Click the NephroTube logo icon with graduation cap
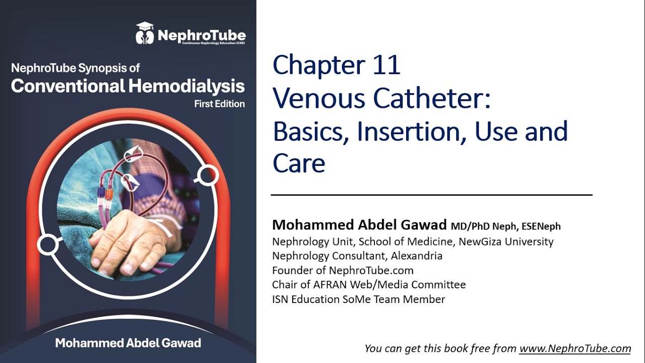[x=145, y=33]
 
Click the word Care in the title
[x=299, y=163]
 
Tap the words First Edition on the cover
[x=219, y=104]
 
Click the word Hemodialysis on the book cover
[x=186, y=86]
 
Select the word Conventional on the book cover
[x=68, y=86]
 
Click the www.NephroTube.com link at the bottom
[x=575, y=348]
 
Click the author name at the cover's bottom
[x=128, y=343]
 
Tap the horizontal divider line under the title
[x=431, y=195]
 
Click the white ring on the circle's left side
[x=47, y=245]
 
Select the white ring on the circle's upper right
[x=207, y=174]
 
